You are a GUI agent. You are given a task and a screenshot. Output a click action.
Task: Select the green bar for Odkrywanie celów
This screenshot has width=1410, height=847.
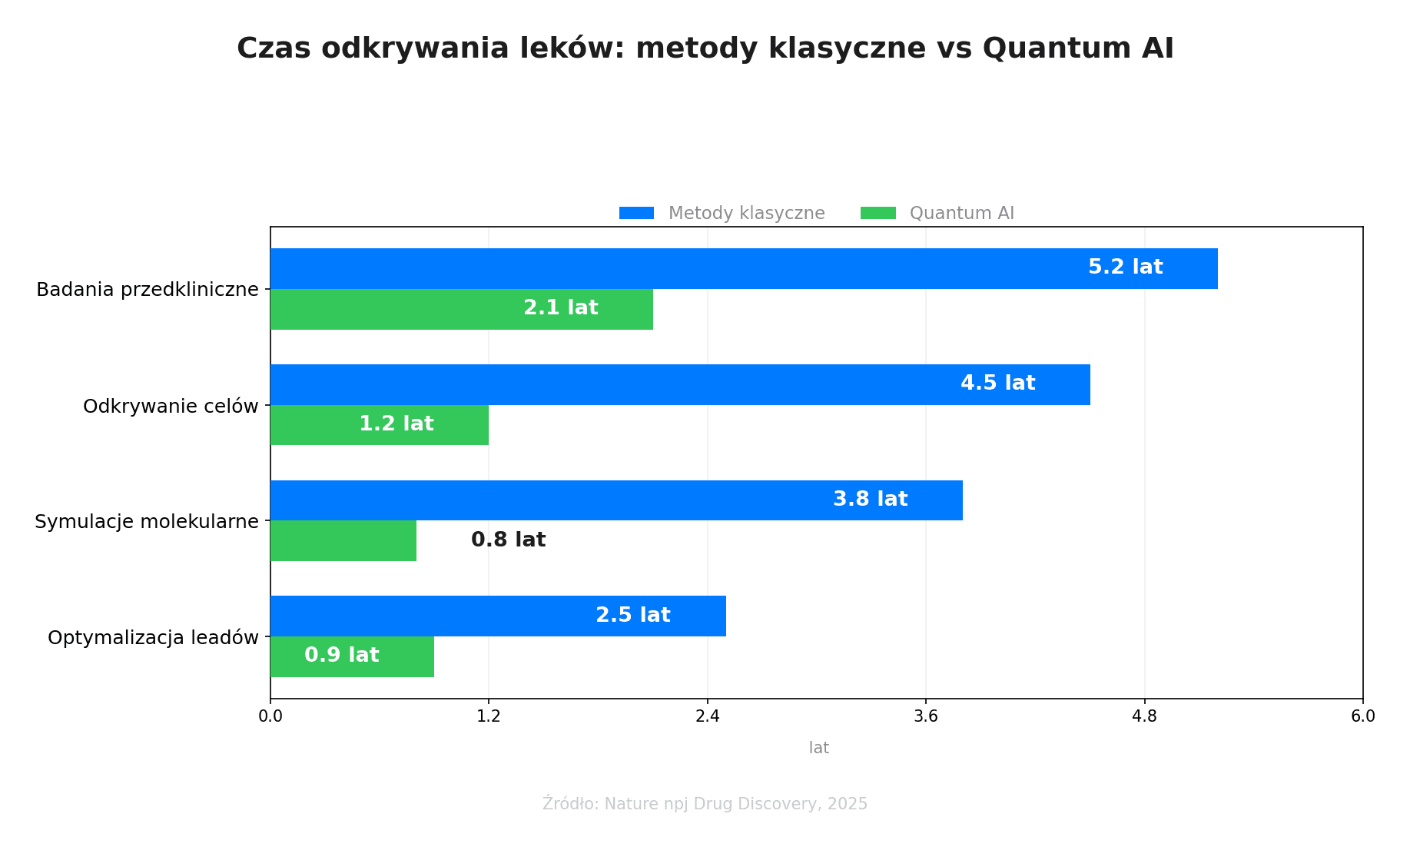click(x=379, y=425)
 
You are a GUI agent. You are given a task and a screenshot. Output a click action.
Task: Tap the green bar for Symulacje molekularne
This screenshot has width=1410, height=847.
click(x=343, y=540)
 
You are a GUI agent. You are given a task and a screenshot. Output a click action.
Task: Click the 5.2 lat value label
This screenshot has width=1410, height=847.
click(x=1125, y=267)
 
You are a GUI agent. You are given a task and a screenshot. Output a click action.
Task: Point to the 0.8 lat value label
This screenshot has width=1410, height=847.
click(x=508, y=540)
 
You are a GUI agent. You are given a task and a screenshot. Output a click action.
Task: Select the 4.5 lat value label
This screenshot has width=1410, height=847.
click(x=997, y=384)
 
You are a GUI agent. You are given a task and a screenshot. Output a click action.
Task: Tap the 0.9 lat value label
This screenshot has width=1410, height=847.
click(x=341, y=656)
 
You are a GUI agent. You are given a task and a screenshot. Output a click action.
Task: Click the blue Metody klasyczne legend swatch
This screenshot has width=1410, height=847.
click(x=636, y=213)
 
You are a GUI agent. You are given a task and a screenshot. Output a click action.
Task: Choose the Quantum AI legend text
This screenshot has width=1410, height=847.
click(x=961, y=213)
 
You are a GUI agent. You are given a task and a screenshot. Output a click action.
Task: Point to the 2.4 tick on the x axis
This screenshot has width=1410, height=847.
click(x=707, y=716)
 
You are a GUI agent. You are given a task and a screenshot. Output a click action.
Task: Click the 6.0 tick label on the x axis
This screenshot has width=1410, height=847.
click(x=1362, y=716)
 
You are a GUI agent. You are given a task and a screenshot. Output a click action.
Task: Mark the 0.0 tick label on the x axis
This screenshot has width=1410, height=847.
click(x=270, y=716)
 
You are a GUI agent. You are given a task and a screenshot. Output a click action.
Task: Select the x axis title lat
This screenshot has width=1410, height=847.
click(x=818, y=748)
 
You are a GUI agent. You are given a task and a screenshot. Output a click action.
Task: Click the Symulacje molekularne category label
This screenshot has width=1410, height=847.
click(x=147, y=522)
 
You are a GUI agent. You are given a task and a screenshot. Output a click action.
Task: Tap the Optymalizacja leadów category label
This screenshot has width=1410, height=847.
click(x=153, y=638)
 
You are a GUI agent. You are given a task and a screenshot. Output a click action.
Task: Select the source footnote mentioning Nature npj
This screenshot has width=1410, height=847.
click(x=705, y=804)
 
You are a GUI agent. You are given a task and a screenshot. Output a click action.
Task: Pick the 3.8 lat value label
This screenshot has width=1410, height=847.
click(x=870, y=500)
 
